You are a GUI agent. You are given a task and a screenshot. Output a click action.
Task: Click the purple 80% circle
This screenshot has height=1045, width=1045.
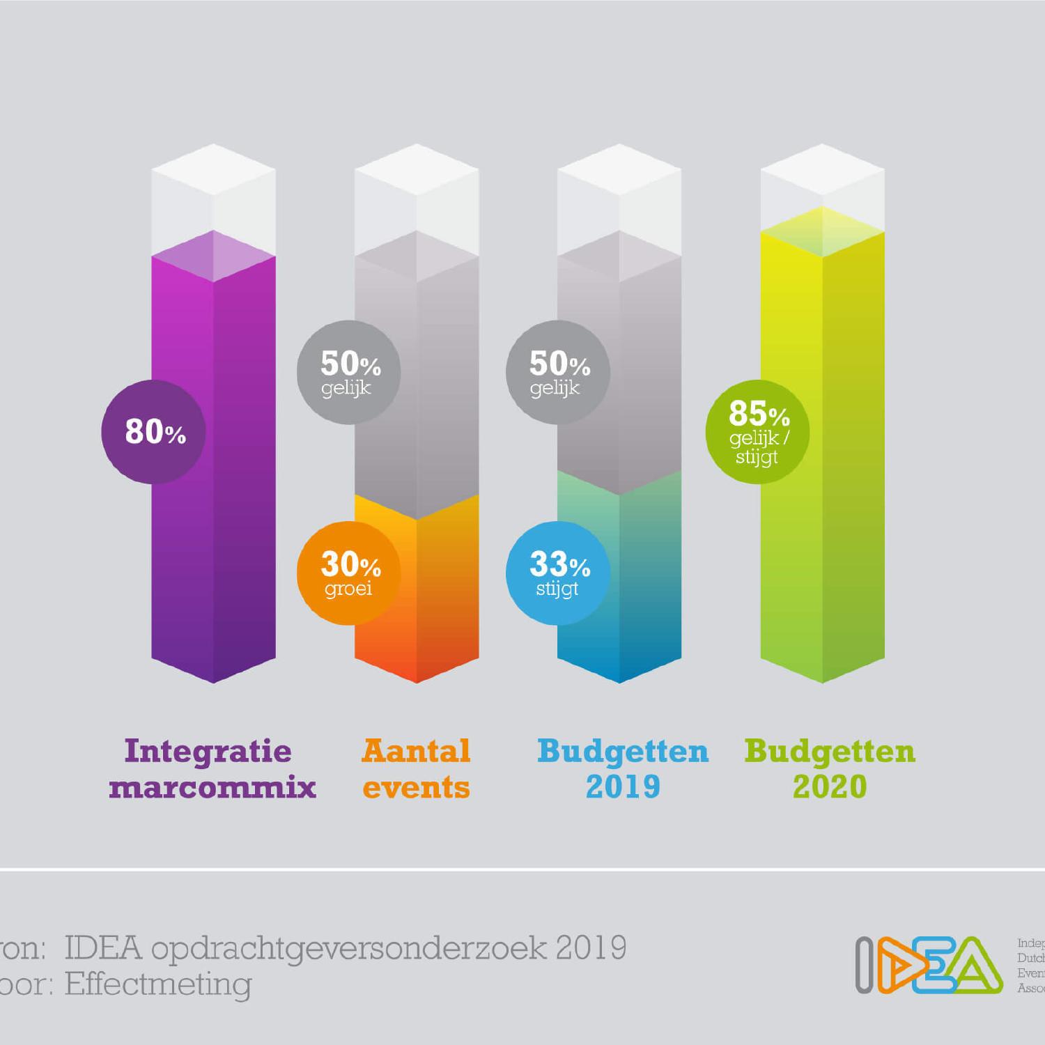pyautogui.click(x=153, y=432)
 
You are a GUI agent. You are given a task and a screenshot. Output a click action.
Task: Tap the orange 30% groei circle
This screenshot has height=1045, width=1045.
pyautogui.click(x=349, y=573)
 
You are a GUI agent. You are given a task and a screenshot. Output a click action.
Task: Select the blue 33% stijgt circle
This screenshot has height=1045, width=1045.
pyautogui.click(x=558, y=573)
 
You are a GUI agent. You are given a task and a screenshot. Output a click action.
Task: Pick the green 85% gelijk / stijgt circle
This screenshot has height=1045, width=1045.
pyautogui.click(x=758, y=432)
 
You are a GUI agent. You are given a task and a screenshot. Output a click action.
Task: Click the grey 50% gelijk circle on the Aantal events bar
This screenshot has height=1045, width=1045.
pyautogui.click(x=349, y=372)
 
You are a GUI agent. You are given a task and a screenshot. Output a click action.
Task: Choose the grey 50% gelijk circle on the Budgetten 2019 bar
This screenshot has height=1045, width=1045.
pyautogui.click(x=558, y=372)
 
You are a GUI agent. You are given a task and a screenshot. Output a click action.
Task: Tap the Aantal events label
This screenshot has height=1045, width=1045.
pyautogui.click(x=417, y=769)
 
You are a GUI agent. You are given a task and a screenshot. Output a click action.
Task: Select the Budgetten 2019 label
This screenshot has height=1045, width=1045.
pyautogui.click(x=623, y=769)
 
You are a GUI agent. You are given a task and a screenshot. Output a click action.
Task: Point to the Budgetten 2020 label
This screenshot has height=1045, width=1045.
pyautogui.click(x=830, y=769)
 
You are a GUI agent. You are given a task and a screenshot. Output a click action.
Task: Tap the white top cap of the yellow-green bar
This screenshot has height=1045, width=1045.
pyautogui.click(x=822, y=181)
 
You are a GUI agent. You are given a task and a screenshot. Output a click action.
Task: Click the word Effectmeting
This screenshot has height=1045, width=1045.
pyautogui.click(x=158, y=984)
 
